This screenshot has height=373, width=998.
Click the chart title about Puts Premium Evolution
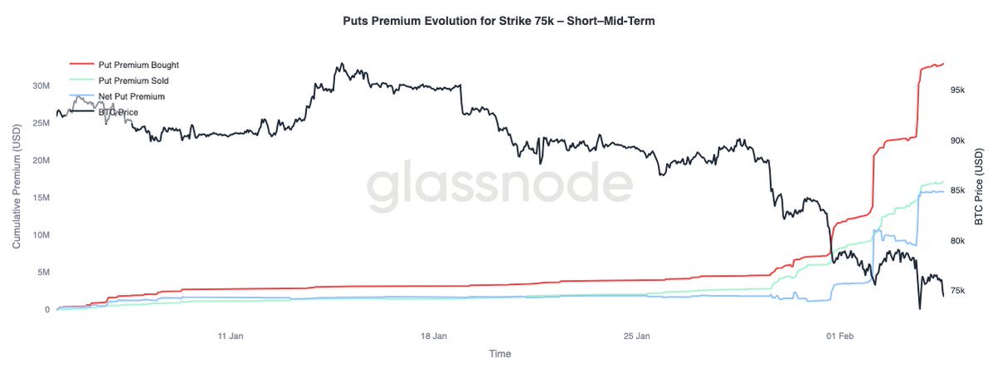(499, 22)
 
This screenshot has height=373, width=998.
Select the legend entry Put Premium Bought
(138, 65)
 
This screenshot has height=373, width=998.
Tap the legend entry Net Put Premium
(131, 96)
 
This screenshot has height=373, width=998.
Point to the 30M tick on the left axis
(40, 86)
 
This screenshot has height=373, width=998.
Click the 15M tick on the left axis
(40, 198)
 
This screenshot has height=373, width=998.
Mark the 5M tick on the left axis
(42, 272)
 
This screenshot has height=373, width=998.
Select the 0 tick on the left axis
(47, 310)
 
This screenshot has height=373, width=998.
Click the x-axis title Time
(500, 354)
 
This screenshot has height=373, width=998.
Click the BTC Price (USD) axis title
(982, 182)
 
